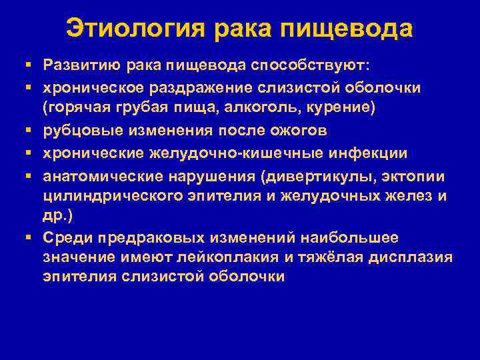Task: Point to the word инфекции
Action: [x=373, y=153]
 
